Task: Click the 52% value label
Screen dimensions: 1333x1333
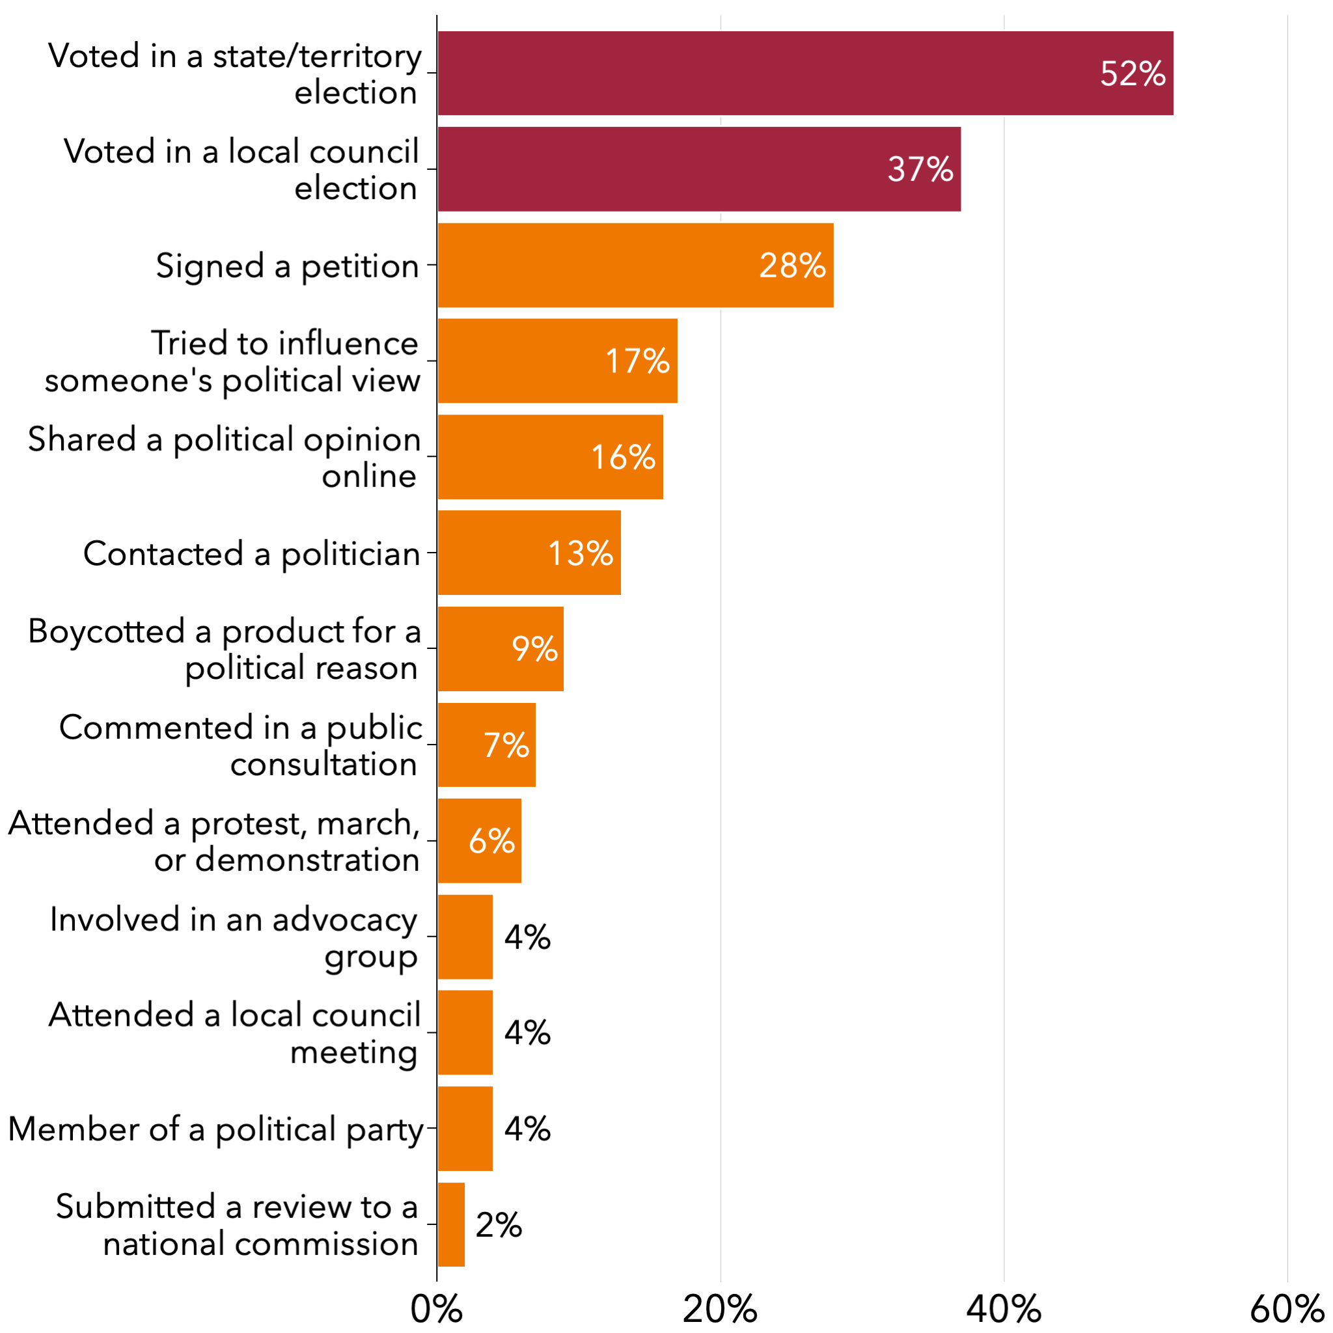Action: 1133,74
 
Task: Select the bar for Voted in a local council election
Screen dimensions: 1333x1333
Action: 698,169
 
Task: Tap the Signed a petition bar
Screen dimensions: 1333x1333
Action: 635,265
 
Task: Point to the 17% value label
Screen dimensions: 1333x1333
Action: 637,361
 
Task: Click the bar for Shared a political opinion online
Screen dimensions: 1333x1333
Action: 550,457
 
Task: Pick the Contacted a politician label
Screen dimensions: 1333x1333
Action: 252,553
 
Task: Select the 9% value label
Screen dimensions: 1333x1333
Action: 534,648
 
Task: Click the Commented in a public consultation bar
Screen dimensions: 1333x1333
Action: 486,745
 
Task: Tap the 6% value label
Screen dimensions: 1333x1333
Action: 491,841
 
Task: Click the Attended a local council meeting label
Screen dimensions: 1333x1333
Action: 234,1034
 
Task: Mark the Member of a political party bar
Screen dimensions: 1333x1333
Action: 465,1129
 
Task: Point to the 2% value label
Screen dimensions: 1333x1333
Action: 498,1226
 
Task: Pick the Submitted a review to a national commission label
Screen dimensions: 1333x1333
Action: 238,1226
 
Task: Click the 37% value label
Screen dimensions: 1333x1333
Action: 920,169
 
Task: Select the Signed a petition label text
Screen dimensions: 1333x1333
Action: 287,266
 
